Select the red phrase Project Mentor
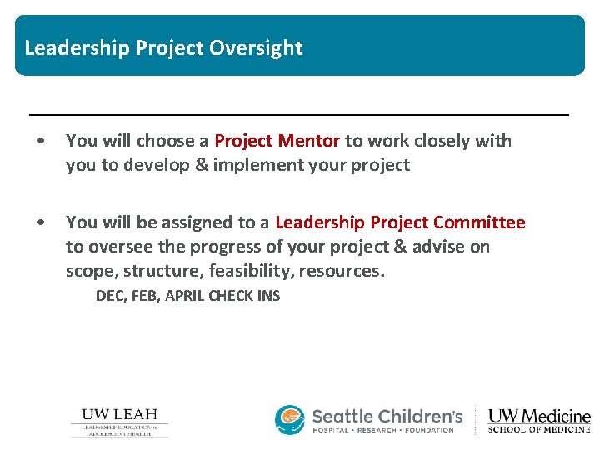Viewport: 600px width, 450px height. coord(277,141)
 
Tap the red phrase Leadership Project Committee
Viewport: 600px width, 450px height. coord(400,222)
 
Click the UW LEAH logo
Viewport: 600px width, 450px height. coord(119,422)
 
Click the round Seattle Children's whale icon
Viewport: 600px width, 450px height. coord(290,420)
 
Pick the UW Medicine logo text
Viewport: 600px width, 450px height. coord(539,415)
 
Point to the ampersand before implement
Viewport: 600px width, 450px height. coord(202,165)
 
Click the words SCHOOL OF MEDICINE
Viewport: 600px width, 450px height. coord(539,430)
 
